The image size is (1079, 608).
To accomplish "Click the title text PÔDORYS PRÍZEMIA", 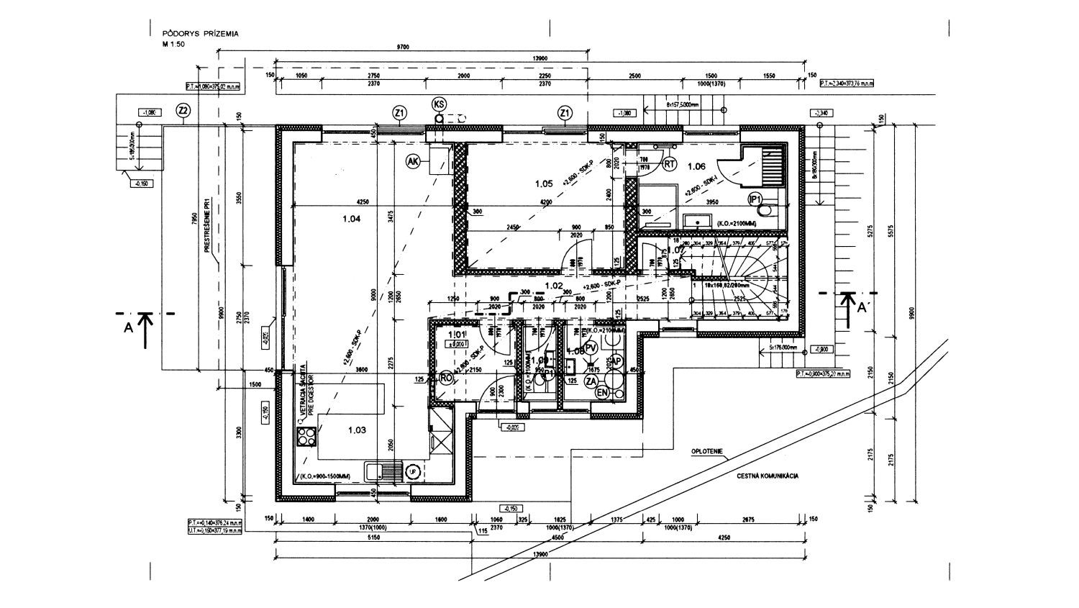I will (x=200, y=33).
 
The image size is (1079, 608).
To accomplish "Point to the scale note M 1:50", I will (x=173, y=44).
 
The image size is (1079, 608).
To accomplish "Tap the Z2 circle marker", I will (x=183, y=111).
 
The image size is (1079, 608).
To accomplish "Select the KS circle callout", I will (x=439, y=104).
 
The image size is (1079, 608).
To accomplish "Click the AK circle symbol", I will (x=413, y=162).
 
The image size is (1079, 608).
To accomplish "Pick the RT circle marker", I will (x=670, y=164).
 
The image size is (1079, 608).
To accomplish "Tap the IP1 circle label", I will (x=755, y=199).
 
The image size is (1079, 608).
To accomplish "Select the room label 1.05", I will (x=544, y=183).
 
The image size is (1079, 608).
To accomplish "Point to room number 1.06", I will (x=696, y=167).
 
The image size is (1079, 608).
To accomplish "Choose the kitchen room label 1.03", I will (x=358, y=430).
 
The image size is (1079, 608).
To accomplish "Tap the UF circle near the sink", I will (x=413, y=471).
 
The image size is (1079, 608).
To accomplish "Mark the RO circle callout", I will (x=446, y=378).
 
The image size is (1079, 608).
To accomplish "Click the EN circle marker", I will (x=602, y=392).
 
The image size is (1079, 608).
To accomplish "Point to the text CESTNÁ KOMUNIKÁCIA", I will (x=767, y=476).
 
